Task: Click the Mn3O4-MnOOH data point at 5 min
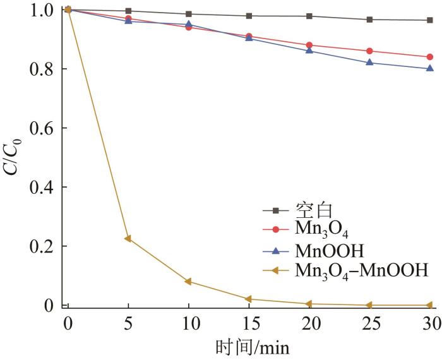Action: pos(128,239)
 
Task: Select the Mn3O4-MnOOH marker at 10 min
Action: pos(188,282)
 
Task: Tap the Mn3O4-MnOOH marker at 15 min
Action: pos(249,299)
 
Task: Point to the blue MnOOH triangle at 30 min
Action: pos(429,68)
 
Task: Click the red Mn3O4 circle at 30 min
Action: pos(429,57)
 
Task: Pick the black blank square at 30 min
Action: pos(429,20)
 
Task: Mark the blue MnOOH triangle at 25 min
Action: pos(369,63)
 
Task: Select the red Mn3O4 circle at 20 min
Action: pos(309,45)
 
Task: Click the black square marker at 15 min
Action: pos(249,16)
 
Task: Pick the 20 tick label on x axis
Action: pos(309,323)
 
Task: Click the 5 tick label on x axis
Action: pos(128,323)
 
